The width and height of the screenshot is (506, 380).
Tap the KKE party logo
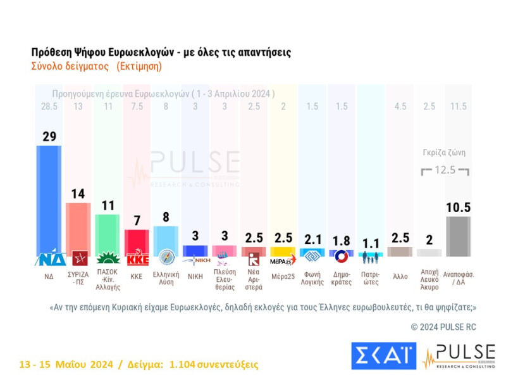click(137, 260)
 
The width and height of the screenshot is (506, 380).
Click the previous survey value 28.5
click(49, 106)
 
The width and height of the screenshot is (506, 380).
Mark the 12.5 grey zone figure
click(447, 170)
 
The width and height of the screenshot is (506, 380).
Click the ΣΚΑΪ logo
click(384, 356)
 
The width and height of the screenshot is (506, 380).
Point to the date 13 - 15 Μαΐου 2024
click(66, 365)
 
